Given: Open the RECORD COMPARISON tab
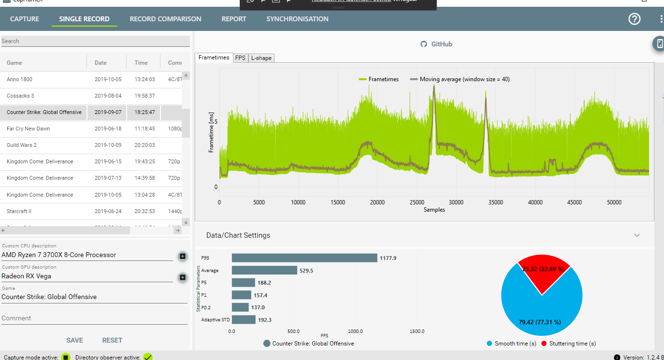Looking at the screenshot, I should [165, 19].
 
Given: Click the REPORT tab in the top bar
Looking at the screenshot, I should [234, 19].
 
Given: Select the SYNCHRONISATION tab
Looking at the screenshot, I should [297, 19].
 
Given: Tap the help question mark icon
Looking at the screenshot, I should [634, 19].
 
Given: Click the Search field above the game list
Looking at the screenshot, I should [95, 41].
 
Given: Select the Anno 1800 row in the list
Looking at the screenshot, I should [20, 79].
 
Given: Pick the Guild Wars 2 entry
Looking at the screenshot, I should [22, 145].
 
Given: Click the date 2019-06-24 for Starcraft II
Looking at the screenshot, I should [108, 211].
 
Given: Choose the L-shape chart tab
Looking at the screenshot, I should [261, 58].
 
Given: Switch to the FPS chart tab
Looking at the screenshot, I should [240, 58].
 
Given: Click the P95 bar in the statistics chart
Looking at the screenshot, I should [304, 258].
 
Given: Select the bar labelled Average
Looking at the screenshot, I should [264, 271].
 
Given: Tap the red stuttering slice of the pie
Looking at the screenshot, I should [544, 273].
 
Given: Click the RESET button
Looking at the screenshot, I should [112, 340].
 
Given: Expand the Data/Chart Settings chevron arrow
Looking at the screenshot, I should [637, 235].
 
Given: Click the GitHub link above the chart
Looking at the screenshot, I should [436, 44].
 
